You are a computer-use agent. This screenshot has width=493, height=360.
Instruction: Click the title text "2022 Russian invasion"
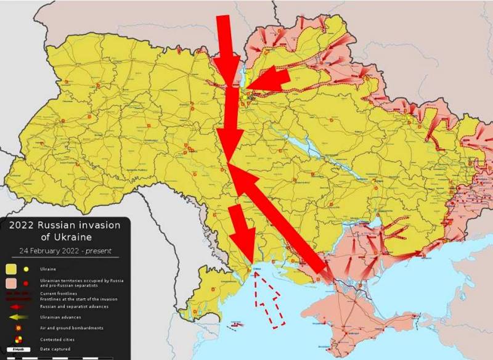coord(65,225)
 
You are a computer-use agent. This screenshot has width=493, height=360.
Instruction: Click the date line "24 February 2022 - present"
coord(64,251)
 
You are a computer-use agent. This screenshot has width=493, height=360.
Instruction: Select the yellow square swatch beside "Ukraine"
coord(11,269)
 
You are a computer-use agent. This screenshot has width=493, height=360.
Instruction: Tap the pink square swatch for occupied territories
coord(11,283)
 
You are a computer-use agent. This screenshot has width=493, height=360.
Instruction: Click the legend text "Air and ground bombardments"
coord(71,327)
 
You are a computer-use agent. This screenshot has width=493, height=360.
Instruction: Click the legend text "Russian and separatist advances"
coord(74,306)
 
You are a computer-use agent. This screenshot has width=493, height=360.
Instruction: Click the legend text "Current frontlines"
coord(59,293)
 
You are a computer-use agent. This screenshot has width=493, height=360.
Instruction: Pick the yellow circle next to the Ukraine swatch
coord(26,269)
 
